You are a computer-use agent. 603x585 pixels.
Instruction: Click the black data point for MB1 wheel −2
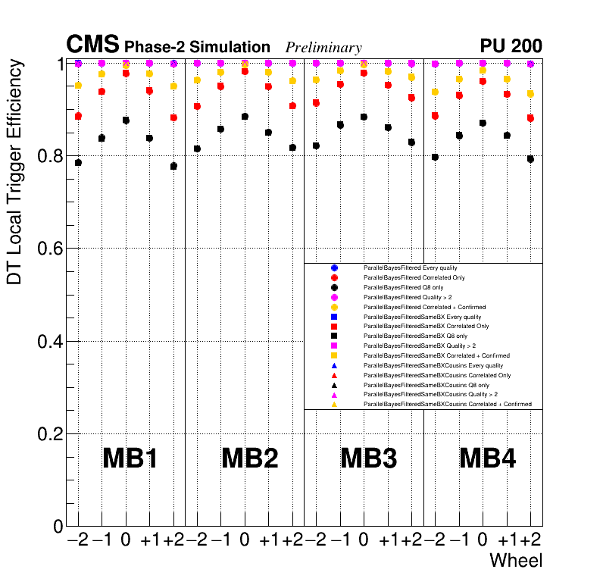[x=78, y=162]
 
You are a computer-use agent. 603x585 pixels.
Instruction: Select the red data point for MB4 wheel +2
[x=530, y=118]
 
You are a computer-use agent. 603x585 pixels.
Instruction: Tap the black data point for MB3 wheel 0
[x=364, y=117]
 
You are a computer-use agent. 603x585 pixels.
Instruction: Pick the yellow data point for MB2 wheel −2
[x=197, y=80]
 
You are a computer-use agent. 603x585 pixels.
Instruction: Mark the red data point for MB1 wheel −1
[x=102, y=92]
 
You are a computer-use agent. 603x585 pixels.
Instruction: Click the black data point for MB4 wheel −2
[x=435, y=157]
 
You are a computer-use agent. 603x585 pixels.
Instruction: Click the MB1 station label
[x=130, y=458]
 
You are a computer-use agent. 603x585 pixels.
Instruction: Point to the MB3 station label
[x=369, y=458]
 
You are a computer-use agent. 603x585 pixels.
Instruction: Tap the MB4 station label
[x=488, y=458]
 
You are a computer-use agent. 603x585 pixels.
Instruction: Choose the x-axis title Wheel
[x=516, y=561]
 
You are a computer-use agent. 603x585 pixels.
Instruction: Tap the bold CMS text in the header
[x=92, y=45]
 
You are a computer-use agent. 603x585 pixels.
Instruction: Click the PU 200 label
[x=511, y=46]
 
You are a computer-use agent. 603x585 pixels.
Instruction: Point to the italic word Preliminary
[x=323, y=47]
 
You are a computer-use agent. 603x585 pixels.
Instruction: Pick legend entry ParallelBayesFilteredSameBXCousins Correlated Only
[x=437, y=375]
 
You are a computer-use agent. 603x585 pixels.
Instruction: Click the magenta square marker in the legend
[x=334, y=346]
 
